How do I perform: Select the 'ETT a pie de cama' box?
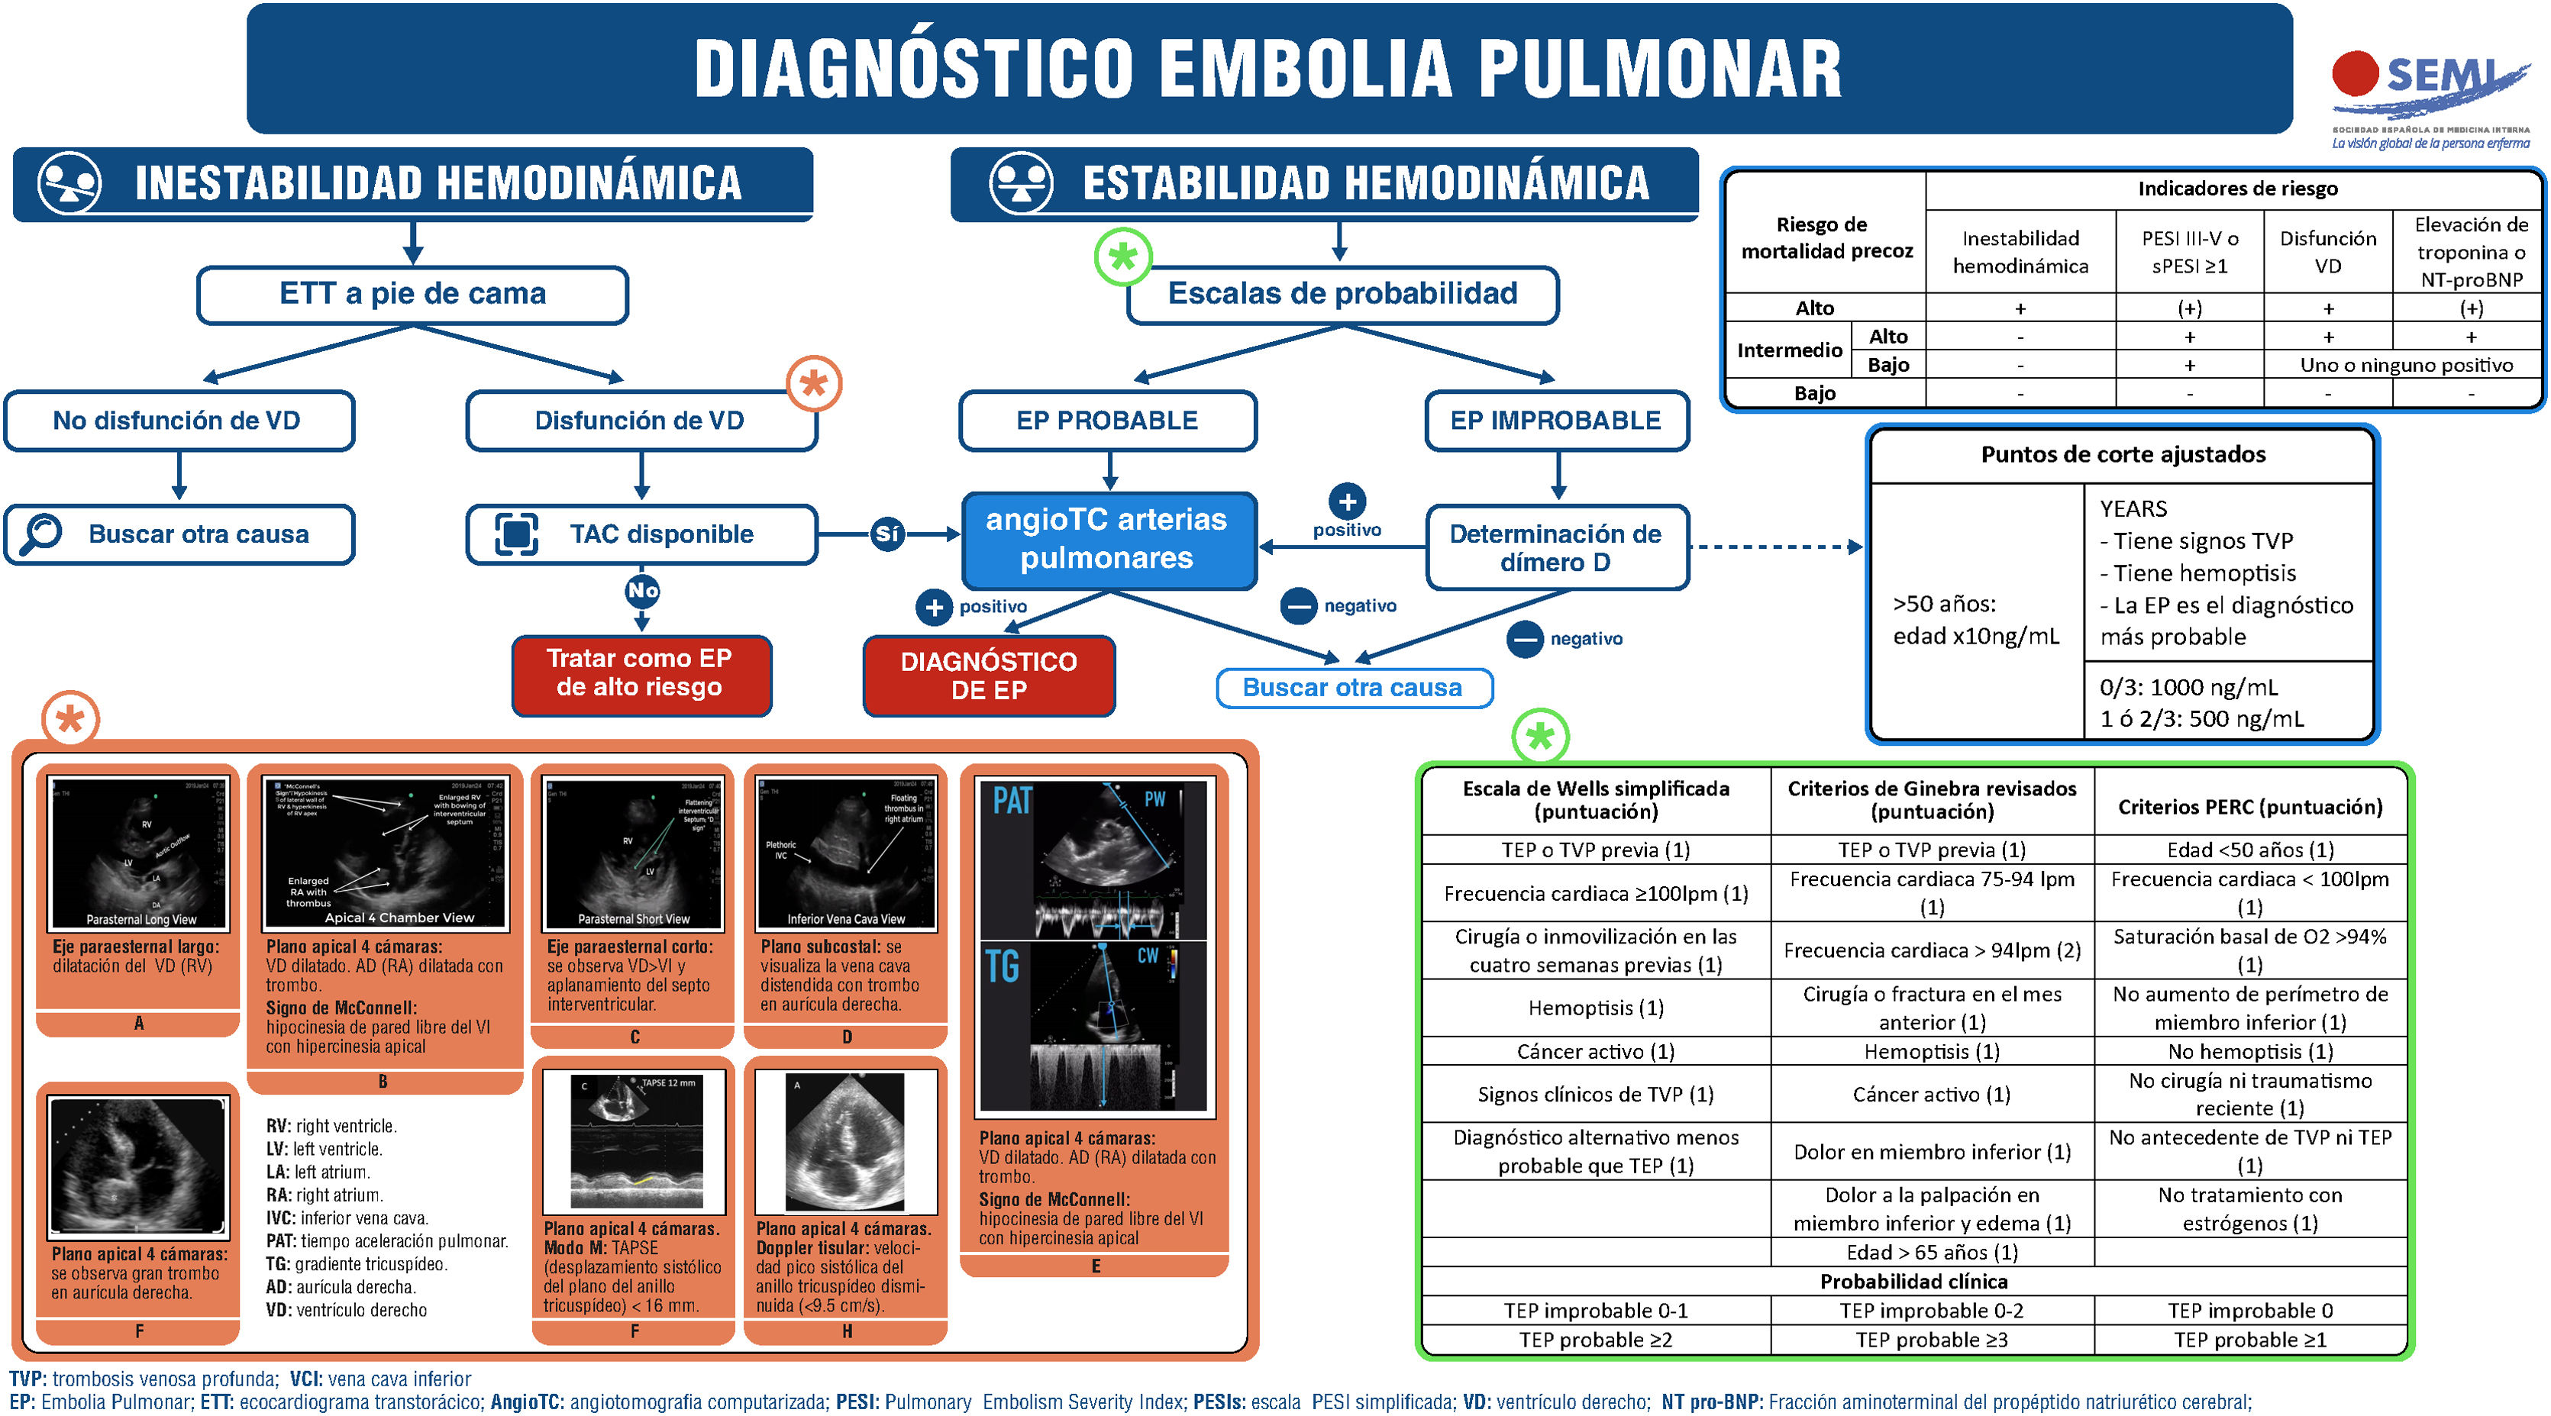click(x=412, y=294)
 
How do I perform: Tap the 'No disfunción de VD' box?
click(x=178, y=421)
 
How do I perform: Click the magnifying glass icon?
click(x=41, y=534)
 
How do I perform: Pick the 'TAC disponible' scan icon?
click(x=516, y=534)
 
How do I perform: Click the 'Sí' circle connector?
click(x=886, y=534)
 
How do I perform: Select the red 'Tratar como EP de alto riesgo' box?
click(x=641, y=673)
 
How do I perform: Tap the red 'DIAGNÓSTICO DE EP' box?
click(x=988, y=676)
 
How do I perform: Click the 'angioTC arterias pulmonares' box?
click(x=1107, y=539)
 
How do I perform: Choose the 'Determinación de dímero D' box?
click(x=1556, y=547)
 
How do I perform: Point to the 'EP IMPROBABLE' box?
click(x=1556, y=421)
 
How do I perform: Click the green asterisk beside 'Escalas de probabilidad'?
click(x=1122, y=257)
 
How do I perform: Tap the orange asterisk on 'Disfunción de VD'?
click(x=813, y=383)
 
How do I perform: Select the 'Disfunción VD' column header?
click(x=2327, y=251)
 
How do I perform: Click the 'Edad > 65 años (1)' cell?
click(x=1931, y=1252)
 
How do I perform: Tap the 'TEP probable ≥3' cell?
click(x=1931, y=1339)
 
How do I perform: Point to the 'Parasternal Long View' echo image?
click(x=139, y=853)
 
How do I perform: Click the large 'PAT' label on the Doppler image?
click(x=1012, y=800)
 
